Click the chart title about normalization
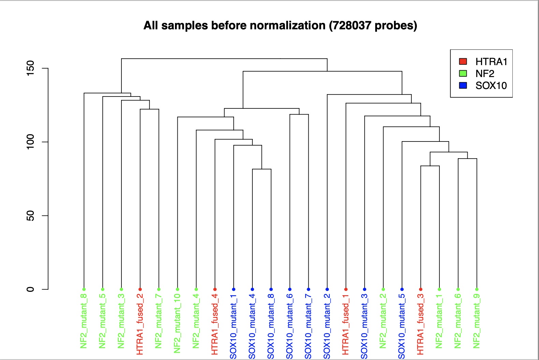pos(280,26)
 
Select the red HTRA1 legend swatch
pos(463,62)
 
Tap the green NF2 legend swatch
pos(463,74)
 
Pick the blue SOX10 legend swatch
pos(463,85)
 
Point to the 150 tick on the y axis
pos(30,68)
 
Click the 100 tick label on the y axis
pos(30,142)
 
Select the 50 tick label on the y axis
pos(30,215)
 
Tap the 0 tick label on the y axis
pos(30,289)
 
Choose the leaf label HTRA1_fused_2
pos(140,324)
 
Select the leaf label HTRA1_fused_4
pos(215,324)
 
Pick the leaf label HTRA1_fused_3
pos(421,324)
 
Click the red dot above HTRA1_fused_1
pos(346,289)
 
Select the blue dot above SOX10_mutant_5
pos(402,289)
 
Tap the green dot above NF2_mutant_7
pos(159,289)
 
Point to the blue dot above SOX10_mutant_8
pos(271,289)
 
